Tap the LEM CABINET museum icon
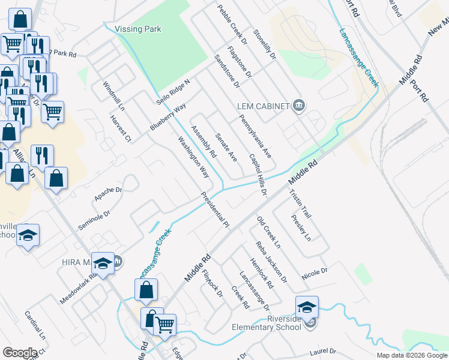pos(298,107)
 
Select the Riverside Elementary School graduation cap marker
pos(307,307)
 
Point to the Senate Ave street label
pos(226,147)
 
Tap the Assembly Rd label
pos(203,142)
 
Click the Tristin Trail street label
pos(301,203)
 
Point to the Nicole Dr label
pos(315,271)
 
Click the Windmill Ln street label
pos(113,97)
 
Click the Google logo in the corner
pos(20,353)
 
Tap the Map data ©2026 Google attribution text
pos(411,355)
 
